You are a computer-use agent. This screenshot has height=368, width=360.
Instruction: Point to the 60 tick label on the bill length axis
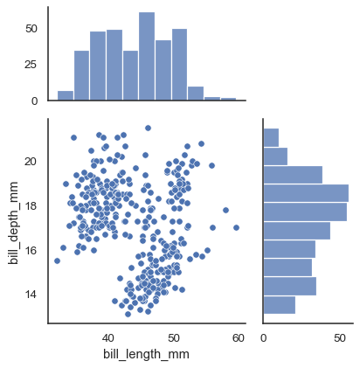pyautogui.click(x=239, y=337)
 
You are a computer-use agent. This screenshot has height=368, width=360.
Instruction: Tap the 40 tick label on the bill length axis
pyautogui.click(x=108, y=337)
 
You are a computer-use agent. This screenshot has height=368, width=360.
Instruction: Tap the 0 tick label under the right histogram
pyautogui.click(x=263, y=337)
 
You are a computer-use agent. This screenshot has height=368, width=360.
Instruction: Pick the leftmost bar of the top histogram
pyautogui.click(x=66, y=96)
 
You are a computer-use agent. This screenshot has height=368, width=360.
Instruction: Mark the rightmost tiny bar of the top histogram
pyautogui.click(x=228, y=99)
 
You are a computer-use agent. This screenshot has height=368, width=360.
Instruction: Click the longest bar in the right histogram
pyautogui.click(x=306, y=193)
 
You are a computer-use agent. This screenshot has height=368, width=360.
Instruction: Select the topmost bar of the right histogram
pyautogui.click(x=271, y=137)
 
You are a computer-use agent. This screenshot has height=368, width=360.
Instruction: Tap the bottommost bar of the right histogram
pyautogui.click(x=280, y=305)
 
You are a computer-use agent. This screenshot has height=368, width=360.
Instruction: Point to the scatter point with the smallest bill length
pyautogui.click(x=57, y=260)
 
